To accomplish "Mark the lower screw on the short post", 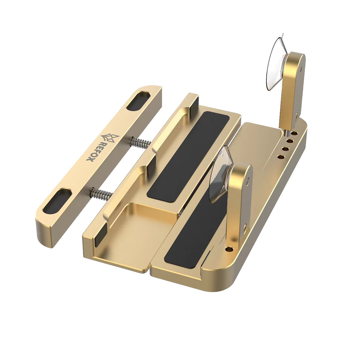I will click(244, 228).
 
